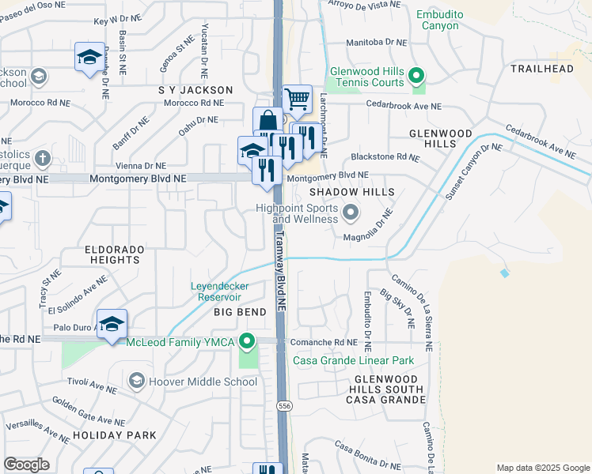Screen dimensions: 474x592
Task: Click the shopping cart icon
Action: [297, 100]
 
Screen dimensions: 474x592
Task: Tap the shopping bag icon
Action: [268, 121]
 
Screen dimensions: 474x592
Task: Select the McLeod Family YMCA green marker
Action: [248, 341]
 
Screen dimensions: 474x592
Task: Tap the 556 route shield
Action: [283, 405]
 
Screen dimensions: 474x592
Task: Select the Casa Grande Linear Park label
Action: [354, 360]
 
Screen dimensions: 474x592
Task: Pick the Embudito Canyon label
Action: [438, 20]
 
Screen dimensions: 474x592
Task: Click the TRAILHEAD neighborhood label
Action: [541, 70]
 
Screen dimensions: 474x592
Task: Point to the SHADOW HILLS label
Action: [340, 192]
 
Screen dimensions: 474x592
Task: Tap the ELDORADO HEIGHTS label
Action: [115, 254]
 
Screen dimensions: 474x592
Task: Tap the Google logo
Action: [26, 465]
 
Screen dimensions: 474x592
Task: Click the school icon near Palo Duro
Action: [112, 323]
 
